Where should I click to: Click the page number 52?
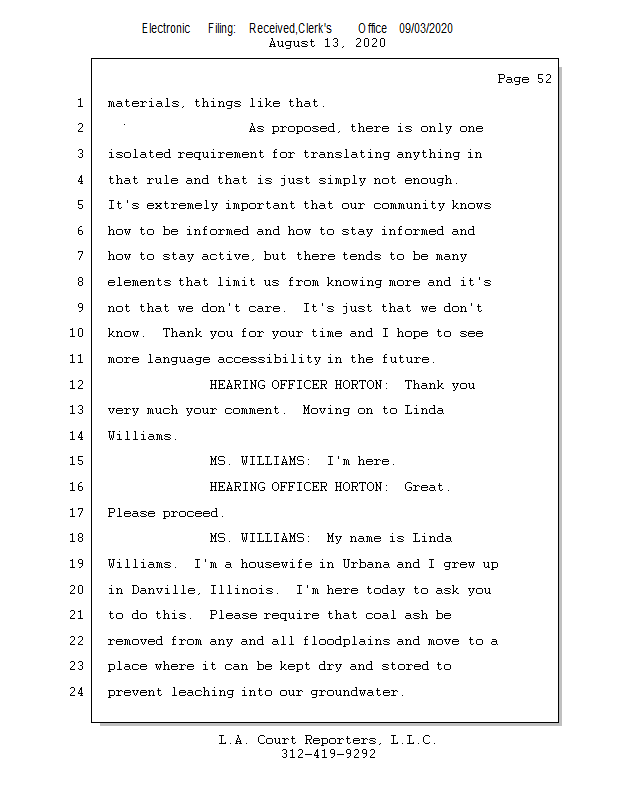pyautogui.click(x=544, y=79)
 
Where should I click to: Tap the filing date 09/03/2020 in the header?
pyautogui.click(x=426, y=28)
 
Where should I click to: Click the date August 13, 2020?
pyautogui.click(x=327, y=43)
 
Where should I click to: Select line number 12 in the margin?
pyautogui.click(x=77, y=384)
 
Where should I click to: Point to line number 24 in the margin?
pyautogui.click(x=77, y=691)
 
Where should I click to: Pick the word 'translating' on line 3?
pyautogui.click(x=347, y=154)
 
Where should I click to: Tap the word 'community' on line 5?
pyautogui.click(x=409, y=205)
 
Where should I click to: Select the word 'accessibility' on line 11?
pyautogui.click(x=269, y=359)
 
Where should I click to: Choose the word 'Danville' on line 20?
pyautogui.click(x=163, y=590)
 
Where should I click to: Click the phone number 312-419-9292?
pyautogui.click(x=328, y=754)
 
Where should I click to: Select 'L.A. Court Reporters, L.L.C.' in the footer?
pyautogui.click(x=328, y=739)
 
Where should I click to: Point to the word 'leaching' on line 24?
pyautogui.click(x=202, y=692)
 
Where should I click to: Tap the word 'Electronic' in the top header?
pyautogui.click(x=166, y=28)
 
